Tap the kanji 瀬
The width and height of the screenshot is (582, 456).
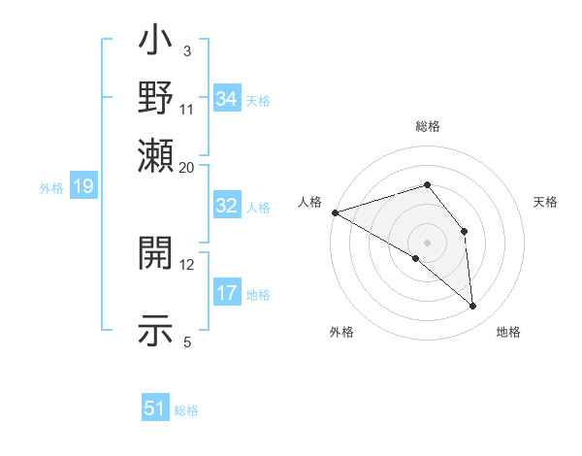point(155,155)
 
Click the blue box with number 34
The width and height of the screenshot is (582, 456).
point(227,99)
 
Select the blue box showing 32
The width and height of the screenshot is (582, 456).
point(227,206)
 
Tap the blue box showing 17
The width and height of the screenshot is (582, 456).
point(227,293)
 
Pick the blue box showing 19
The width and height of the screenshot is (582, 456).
point(82,187)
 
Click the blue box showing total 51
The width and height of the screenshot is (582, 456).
point(155,408)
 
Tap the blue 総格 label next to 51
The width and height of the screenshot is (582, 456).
point(186,410)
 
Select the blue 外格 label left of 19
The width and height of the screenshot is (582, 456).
point(51,188)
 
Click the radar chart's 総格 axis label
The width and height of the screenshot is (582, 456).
point(427,126)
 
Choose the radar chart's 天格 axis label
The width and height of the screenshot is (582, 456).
point(546,202)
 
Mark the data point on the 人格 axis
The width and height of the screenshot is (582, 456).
point(335,212)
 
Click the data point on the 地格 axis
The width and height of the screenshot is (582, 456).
point(473,307)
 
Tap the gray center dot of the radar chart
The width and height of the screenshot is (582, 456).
point(427,243)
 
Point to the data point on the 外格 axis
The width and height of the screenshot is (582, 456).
point(415,258)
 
